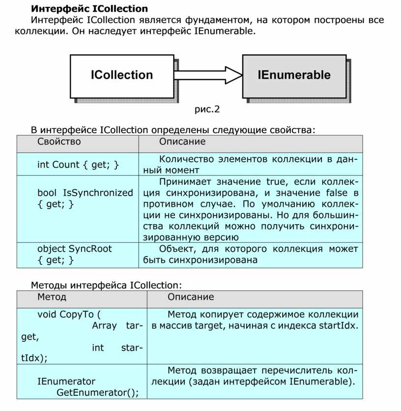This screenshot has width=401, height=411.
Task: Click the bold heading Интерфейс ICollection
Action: [x=89, y=8]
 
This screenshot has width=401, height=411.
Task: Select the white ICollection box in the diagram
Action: [x=121, y=75]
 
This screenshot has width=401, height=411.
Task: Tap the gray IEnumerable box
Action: [x=294, y=75]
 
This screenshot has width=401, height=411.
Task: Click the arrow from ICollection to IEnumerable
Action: [x=208, y=75]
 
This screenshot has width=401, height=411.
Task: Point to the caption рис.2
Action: [x=207, y=109]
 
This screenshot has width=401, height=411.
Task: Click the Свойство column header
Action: [x=59, y=142]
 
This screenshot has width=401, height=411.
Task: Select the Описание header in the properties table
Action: [x=182, y=142]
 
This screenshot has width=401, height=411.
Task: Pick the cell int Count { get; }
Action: [x=78, y=165]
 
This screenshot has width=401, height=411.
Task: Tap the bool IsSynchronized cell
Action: [x=85, y=198]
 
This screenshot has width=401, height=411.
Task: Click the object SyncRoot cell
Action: [x=74, y=254]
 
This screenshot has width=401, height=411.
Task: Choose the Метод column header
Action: [x=52, y=297]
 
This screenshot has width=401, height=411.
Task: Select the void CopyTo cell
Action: [x=82, y=336]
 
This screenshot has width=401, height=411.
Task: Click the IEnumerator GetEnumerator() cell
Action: [x=82, y=387]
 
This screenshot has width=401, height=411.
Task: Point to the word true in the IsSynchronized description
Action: [x=272, y=181]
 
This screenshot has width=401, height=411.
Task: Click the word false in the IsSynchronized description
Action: [x=335, y=193]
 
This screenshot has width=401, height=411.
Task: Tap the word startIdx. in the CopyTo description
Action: [x=339, y=325]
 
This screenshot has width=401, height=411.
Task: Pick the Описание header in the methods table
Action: [x=191, y=297]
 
